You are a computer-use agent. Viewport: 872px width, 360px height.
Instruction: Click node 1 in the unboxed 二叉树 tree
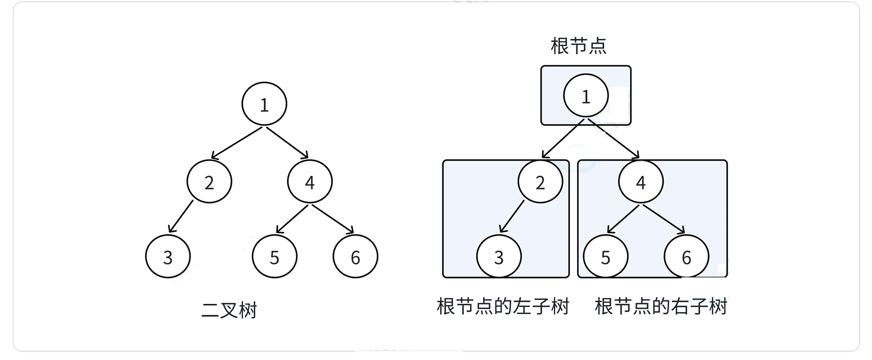264,104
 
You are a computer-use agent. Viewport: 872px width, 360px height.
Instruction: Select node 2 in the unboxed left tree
209,182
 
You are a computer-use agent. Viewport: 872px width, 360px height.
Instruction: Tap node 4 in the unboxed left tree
310,182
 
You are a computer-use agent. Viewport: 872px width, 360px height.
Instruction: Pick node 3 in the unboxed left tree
168,257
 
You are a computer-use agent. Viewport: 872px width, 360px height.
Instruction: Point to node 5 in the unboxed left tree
274,257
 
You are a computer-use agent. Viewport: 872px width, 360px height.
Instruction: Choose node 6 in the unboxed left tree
355,257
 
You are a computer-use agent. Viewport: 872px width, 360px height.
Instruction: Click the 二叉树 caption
229,310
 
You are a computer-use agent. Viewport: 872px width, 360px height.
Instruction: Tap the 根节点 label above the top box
578,46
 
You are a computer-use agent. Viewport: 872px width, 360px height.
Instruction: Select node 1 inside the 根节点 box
585,97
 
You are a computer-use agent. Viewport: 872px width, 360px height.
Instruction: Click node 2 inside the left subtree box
540,182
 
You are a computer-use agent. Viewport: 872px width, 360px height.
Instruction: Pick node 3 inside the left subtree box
499,257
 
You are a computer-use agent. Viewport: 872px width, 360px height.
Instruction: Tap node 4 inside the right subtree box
641,182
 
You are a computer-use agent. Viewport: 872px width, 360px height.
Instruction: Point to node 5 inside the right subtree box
605,257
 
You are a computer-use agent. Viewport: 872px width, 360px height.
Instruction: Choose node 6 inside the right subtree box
686,257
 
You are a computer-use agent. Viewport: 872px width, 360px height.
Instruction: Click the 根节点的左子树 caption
503,307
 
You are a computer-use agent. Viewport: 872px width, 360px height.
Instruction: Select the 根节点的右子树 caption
661,307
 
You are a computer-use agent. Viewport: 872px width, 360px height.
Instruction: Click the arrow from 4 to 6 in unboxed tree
333,220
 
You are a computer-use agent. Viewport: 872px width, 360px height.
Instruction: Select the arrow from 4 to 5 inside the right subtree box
623,218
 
